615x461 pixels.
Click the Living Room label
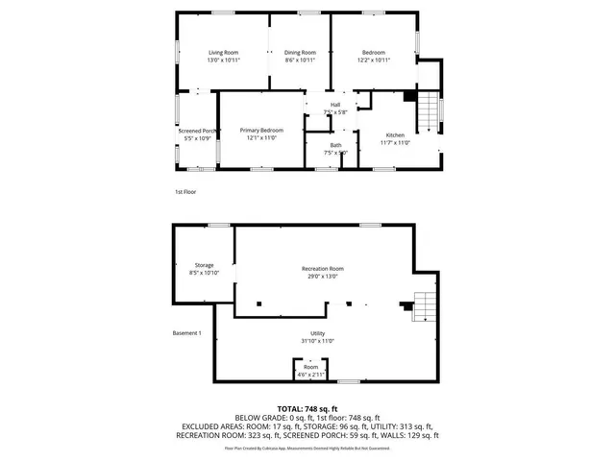click(223, 52)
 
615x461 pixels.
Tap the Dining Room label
click(300, 52)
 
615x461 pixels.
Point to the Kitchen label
click(395, 135)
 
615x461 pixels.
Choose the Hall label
click(335, 105)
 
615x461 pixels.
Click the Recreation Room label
click(322, 268)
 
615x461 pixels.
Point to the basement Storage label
click(204, 265)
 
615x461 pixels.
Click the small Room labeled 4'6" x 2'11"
click(311, 367)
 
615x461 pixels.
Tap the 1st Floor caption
click(186, 192)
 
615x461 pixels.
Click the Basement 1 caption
click(186, 332)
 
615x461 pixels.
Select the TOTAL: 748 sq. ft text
click(307, 409)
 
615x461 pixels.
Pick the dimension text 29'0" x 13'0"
click(322, 277)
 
